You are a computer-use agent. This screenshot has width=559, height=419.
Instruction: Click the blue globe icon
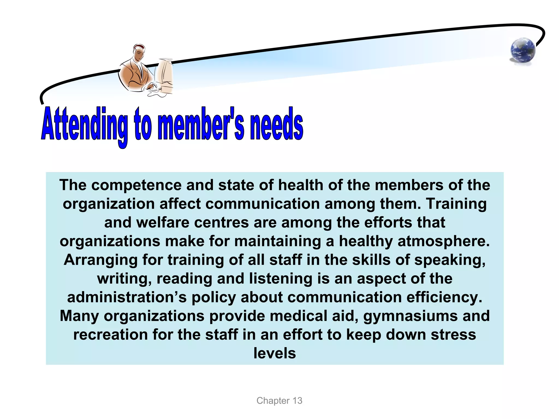[522, 51]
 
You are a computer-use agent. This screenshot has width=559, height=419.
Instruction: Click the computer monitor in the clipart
[165, 75]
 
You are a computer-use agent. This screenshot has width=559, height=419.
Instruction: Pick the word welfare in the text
[165, 222]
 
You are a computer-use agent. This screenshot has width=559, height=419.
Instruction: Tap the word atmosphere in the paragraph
[444, 241]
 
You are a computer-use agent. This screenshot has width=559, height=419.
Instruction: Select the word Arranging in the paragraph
[100, 260]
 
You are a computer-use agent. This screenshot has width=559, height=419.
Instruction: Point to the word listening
[280, 279]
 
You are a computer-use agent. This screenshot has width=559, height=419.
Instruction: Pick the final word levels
[275, 353]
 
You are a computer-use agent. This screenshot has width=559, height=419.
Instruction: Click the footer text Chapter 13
[279, 400]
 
